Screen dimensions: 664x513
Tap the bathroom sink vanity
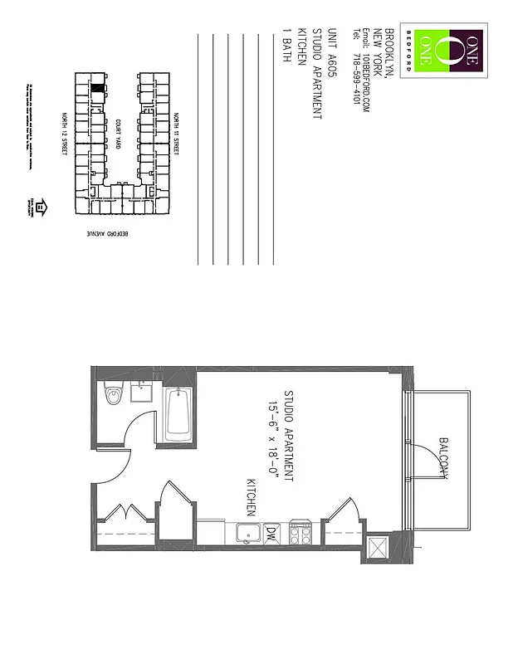pyautogui.click(x=141, y=392)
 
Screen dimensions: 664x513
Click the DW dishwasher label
pyautogui.click(x=271, y=533)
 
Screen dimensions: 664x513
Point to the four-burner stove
pyautogui.click(x=300, y=533)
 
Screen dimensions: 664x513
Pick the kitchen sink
pyautogui.click(x=247, y=533)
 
